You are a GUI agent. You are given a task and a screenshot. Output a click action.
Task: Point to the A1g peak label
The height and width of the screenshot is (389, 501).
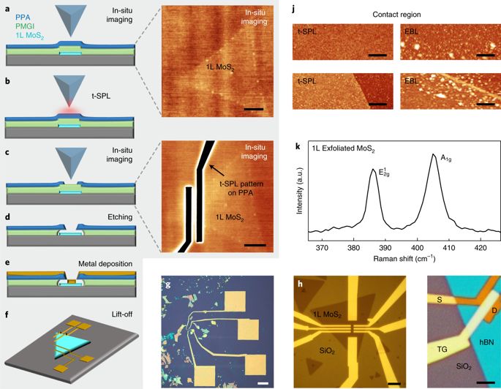click(x=445, y=156)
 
